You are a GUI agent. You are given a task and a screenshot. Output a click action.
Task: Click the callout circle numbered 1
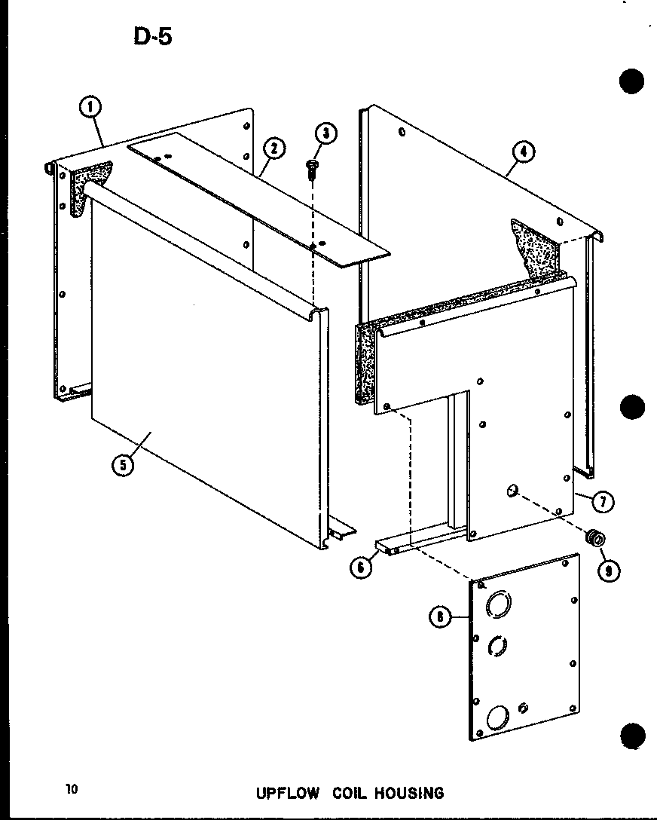click(x=90, y=109)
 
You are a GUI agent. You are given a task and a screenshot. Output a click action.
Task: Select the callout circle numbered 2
click(x=273, y=148)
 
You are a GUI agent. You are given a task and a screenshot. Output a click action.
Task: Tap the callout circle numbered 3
click(x=325, y=134)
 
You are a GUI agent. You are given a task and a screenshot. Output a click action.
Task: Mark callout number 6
click(x=361, y=568)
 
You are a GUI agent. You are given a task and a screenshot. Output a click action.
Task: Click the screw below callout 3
click(x=312, y=169)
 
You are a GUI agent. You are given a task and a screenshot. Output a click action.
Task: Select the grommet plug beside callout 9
click(x=596, y=538)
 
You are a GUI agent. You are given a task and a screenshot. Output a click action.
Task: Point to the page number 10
click(x=72, y=789)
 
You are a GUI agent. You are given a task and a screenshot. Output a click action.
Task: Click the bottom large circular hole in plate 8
click(x=497, y=716)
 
